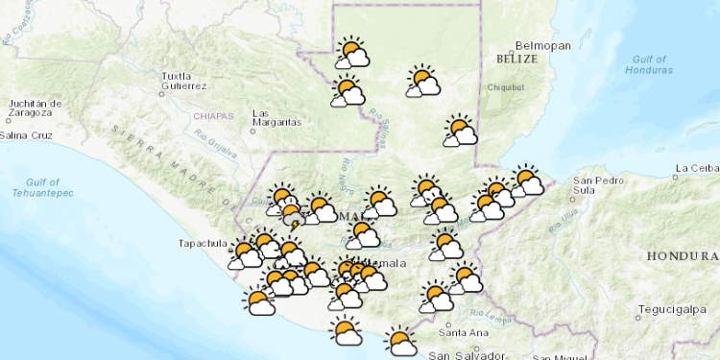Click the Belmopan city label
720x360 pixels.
[542, 45]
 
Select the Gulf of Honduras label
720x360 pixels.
[649, 64]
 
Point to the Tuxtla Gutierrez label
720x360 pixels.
[184, 81]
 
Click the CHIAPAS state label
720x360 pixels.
[213, 116]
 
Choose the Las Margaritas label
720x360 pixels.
[276, 117]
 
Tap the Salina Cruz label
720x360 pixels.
[26, 135]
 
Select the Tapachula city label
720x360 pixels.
[202, 243]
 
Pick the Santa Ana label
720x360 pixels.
[458, 332]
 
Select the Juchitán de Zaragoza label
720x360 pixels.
[35, 108]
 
